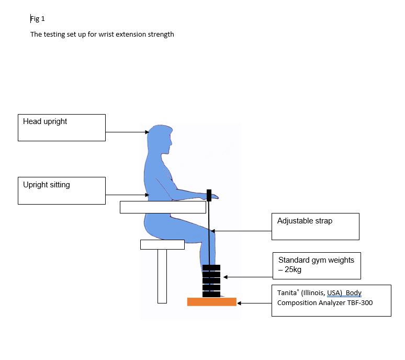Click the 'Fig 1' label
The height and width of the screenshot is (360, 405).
coord(38,19)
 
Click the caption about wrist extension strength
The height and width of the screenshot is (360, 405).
coord(102,35)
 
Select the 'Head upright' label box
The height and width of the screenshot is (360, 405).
coord(61,128)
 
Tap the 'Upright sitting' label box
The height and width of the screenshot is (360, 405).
coord(61,190)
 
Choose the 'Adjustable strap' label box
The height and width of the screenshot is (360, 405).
coord(315,226)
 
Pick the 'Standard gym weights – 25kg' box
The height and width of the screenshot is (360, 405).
coord(316,265)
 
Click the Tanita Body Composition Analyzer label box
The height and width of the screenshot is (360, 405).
coord(331,300)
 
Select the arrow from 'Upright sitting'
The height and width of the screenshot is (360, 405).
coord(127,195)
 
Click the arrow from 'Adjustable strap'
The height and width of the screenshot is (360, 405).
coord(241,231)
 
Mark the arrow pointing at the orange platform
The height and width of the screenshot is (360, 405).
coord(254,302)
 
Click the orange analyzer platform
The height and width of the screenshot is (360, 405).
coord(211,302)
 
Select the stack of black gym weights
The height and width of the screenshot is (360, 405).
coord(211,281)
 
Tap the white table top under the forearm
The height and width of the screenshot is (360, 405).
coord(162,207)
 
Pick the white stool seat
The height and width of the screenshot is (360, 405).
coord(162,244)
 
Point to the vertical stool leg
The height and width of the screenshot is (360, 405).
coord(162,276)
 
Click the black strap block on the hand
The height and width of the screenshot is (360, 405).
coord(209,196)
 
